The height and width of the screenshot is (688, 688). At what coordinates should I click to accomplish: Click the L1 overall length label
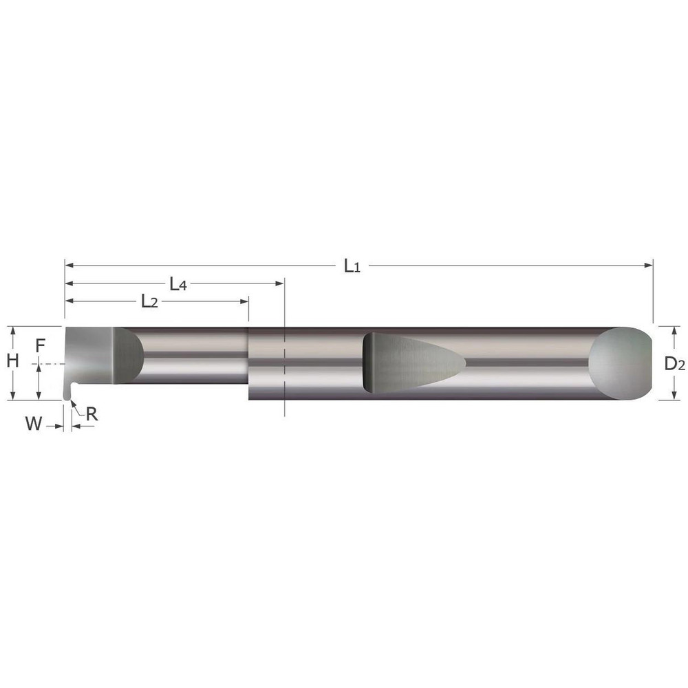point(352,266)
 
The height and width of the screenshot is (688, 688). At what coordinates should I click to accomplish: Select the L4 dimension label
point(178,283)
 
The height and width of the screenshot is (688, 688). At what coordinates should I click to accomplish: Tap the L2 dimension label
point(149,301)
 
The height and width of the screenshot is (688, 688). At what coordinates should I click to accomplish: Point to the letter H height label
point(12,358)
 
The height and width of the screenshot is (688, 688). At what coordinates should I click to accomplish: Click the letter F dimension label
point(40,346)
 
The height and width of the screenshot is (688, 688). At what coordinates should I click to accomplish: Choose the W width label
point(33,424)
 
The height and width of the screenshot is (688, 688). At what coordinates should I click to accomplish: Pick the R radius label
point(91,414)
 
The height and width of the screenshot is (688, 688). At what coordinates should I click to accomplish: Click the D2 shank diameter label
point(674,365)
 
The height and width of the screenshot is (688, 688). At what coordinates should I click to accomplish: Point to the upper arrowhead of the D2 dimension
point(664,330)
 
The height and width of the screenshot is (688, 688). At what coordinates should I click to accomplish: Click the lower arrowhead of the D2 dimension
point(664,396)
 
